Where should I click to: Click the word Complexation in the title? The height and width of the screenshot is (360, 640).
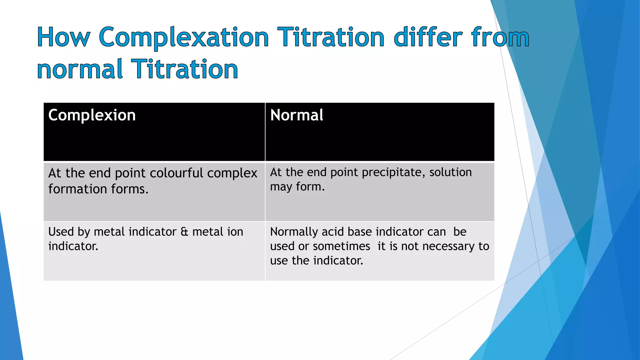tap(184, 37)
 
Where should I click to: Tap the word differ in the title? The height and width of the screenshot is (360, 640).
tap(427, 37)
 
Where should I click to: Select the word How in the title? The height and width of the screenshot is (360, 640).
tap(64, 37)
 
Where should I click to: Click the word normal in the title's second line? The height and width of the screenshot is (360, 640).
tap(80, 69)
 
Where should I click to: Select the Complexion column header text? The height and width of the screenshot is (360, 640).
tap(92, 115)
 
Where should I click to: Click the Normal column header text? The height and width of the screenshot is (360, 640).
tap(297, 115)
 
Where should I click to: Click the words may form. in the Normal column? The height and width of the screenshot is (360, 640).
tap(297, 187)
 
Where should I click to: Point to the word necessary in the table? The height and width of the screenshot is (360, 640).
tap(448, 246)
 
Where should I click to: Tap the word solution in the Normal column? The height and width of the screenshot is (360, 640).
tap(450, 172)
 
